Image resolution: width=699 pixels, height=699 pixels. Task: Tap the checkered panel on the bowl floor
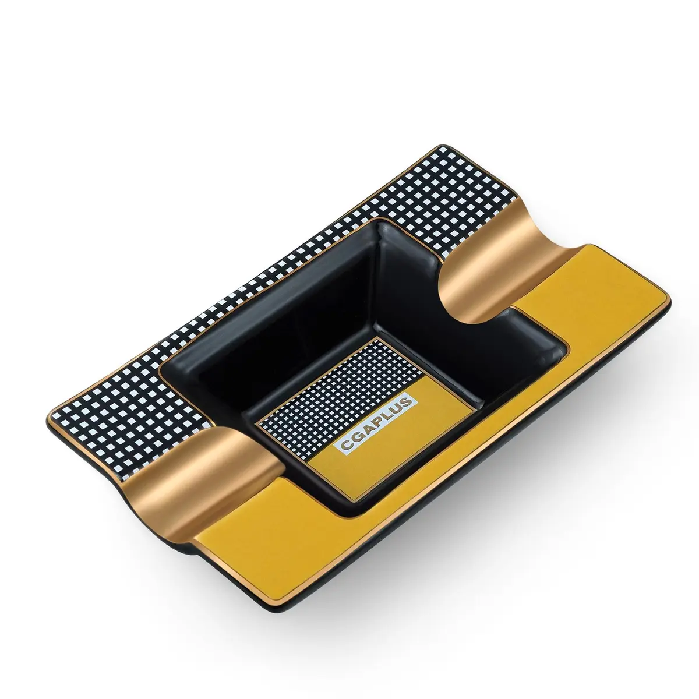337,399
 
